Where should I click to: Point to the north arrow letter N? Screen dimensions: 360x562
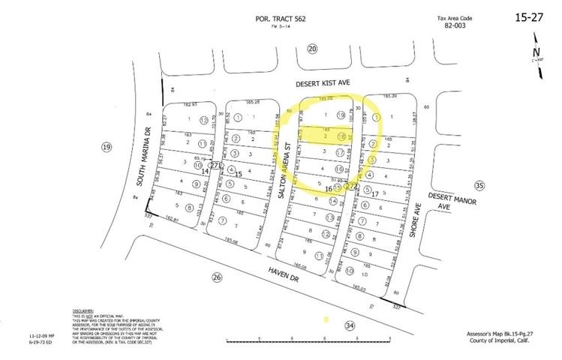tap(537, 52)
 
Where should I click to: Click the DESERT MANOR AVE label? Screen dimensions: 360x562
tap(443, 200)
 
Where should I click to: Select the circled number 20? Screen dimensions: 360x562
tap(312, 49)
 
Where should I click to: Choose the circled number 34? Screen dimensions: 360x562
tap(348, 325)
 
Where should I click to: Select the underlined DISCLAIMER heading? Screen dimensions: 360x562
tap(83, 310)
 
